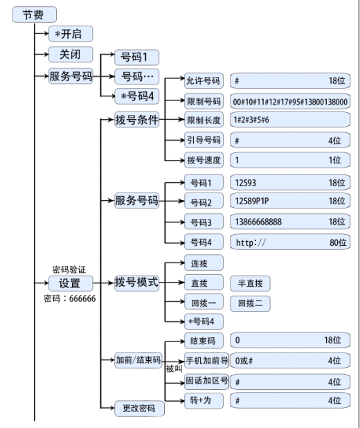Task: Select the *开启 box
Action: [x=70, y=34]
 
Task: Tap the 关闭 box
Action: [x=70, y=55]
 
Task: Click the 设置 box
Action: [x=70, y=283]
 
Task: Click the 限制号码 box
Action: [x=204, y=101]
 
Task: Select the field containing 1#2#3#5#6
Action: [x=290, y=121]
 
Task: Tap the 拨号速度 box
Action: [x=204, y=160]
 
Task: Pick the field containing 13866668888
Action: [x=290, y=222]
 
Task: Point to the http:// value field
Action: [x=290, y=242]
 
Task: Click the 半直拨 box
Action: [x=250, y=283]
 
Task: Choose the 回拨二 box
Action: [x=250, y=303]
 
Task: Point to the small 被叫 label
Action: [x=173, y=369]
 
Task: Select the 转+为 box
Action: [x=204, y=400]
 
